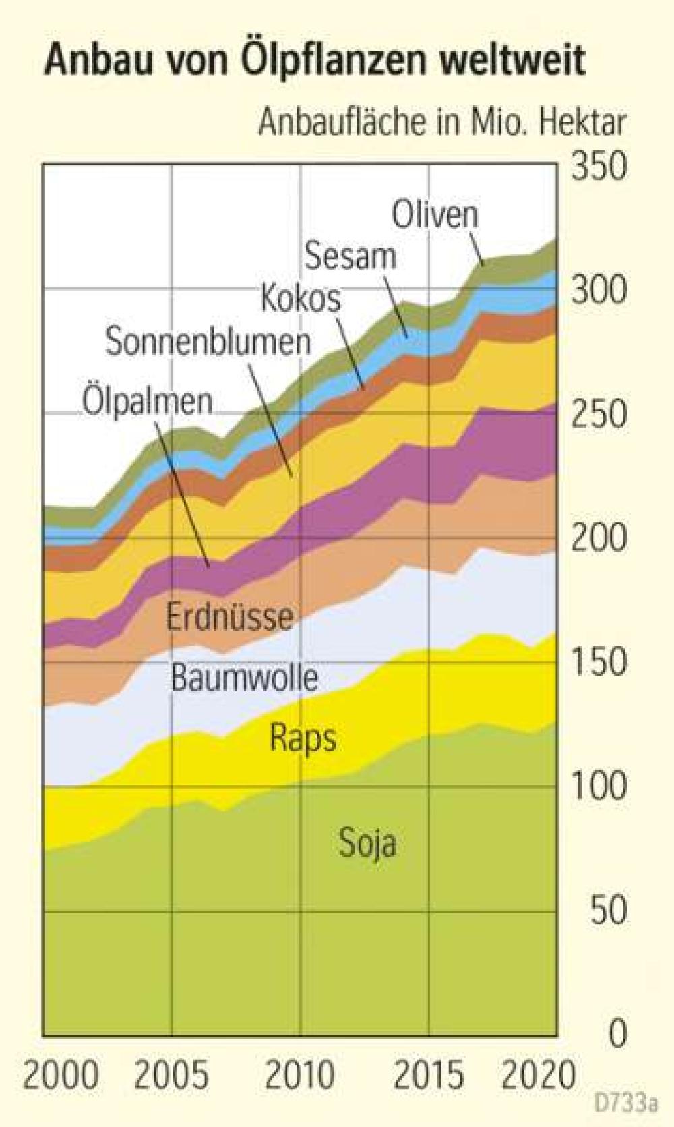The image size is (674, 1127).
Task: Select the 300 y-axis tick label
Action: (599, 290)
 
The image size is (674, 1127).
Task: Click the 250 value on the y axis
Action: (599, 414)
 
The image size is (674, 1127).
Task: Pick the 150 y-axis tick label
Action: (599, 662)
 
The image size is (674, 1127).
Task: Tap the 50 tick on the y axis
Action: (608, 910)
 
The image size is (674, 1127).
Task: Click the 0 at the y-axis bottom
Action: (617, 1033)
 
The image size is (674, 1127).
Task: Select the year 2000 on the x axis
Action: (61, 1074)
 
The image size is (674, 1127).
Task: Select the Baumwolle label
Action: (244, 676)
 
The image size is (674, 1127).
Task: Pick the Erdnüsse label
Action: (230, 617)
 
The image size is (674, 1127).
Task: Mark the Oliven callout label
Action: (435, 215)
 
